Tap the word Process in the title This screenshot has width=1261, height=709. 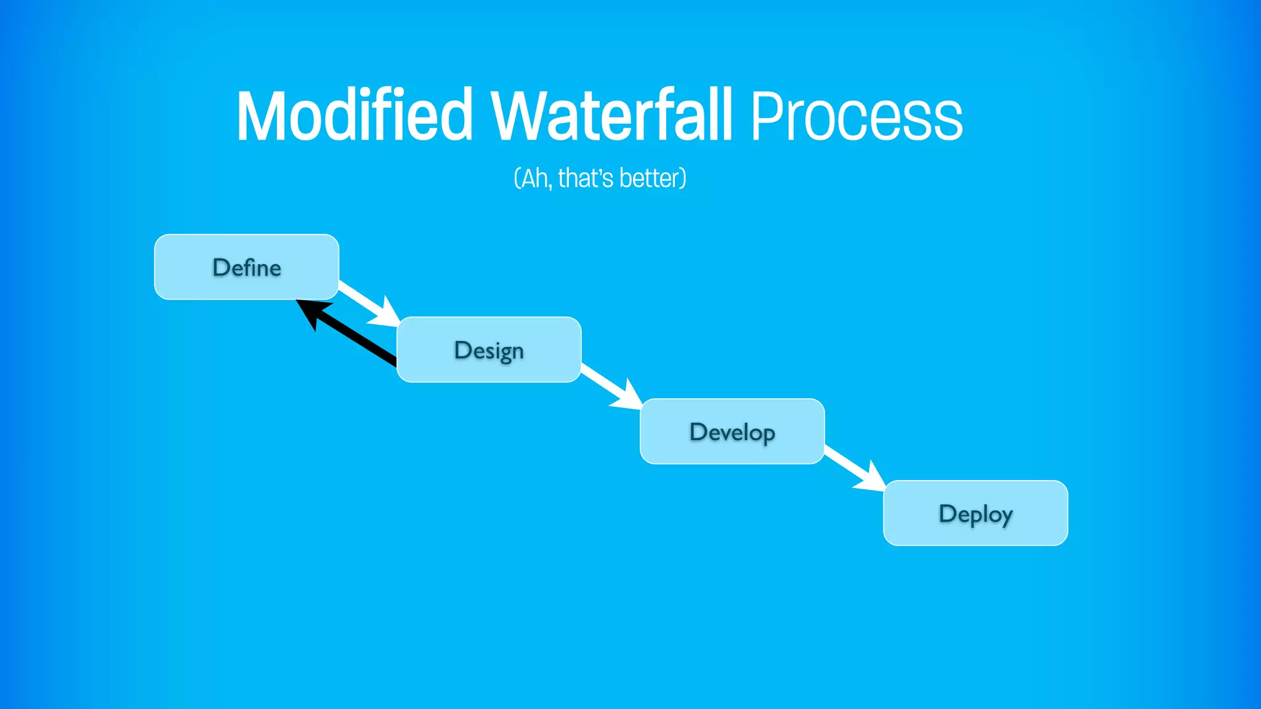(x=856, y=117)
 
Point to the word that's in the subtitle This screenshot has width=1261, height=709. (x=586, y=178)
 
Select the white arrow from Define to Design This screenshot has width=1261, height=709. (x=360, y=296)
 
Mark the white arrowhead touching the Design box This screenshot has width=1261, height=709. (x=387, y=314)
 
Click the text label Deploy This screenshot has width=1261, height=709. (x=975, y=514)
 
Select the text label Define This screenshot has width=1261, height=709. (x=247, y=267)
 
